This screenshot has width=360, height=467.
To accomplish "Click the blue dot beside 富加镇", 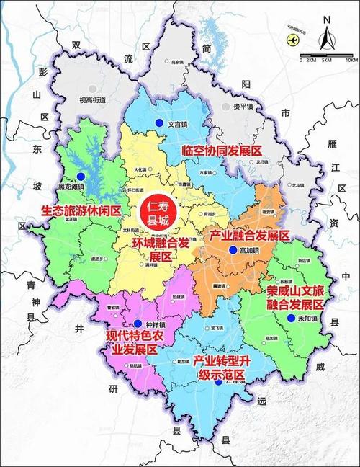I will pyautogui.click(x=232, y=249).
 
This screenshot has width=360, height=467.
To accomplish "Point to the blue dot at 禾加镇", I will pyautogui.click(x=290, y=318).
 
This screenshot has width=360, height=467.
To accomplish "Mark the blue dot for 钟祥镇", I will pyautogui.click(x=137, y=323).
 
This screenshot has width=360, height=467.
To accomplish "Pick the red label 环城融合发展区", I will pyautogui.click(x=162, y=249).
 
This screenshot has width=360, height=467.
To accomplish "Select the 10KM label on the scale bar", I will pyautogui.click(x=351, y=60).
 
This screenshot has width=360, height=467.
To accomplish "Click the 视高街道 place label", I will pyautogui.click(x=92, y=100).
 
